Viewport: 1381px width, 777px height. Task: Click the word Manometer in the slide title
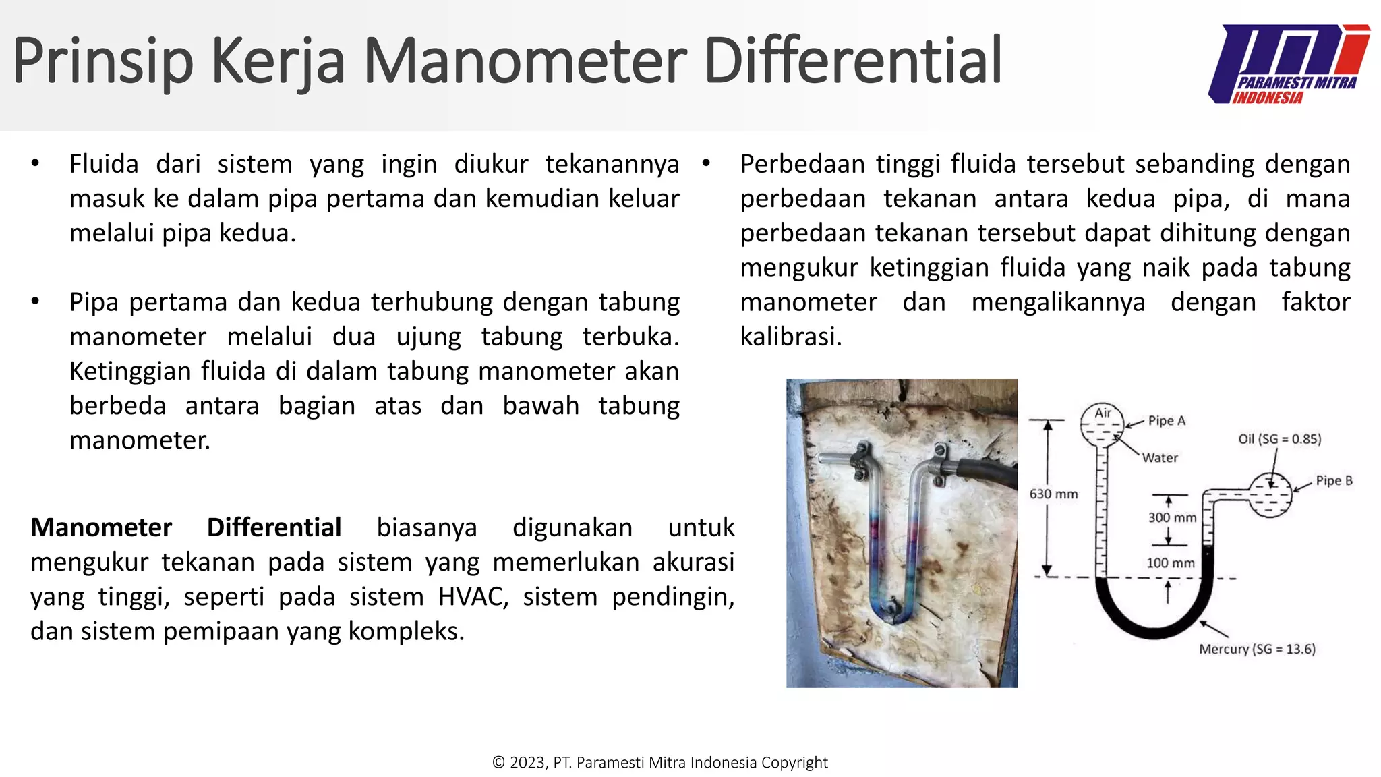click(525, 61)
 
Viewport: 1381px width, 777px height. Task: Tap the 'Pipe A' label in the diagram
click(1166, 421)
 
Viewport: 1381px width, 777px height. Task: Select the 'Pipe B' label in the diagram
click(1334, 481)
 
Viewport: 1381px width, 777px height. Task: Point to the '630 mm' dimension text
click(1053, 494)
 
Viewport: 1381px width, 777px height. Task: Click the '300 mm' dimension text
click(1172, 518)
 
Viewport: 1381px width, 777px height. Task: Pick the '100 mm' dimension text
click(1170, 563)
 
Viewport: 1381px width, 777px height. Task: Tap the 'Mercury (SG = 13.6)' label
click(1257, 649)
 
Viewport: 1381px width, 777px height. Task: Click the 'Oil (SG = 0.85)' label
click(1279, 439)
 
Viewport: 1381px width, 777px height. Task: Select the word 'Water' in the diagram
click(1160, 458)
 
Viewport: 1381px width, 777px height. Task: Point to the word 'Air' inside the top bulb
click(1103, 413)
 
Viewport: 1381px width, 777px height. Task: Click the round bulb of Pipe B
click(1270, 494)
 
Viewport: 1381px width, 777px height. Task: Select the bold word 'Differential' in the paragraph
click(274, 527)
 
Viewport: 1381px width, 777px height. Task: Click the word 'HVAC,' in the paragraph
click(473, 597)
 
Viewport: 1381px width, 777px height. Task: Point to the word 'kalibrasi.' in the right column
click(791, 337)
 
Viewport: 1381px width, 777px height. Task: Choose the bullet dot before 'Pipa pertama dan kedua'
click(35, 301)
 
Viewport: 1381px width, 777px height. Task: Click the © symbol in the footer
click(498, 763)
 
